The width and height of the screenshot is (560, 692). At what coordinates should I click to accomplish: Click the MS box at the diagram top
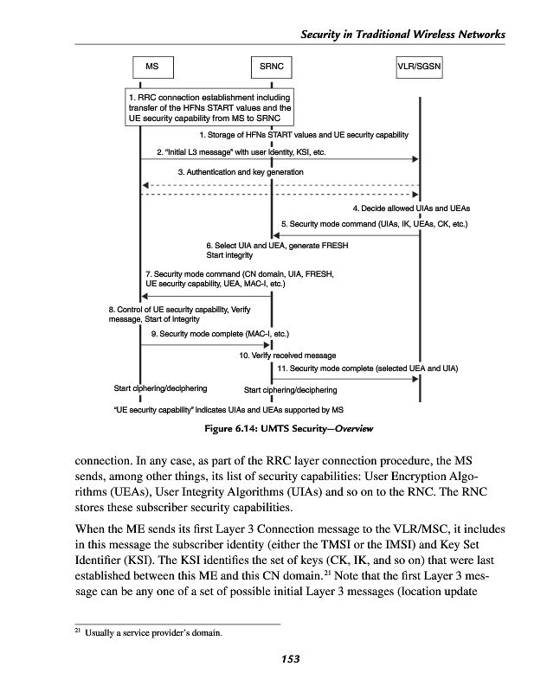coord(152,66)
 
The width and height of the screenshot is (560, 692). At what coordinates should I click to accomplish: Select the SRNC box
coord(273,66)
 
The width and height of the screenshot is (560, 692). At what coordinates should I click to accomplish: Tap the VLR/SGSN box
coord(419,66)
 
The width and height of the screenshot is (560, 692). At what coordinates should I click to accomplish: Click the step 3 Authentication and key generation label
coord(240,172)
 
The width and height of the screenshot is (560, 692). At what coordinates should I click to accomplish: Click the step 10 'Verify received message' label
coord(287,355)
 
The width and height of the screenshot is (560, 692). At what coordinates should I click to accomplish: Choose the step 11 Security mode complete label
coord(367,368)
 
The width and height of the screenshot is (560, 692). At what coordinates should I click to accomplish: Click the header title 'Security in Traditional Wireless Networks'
coord(402,34)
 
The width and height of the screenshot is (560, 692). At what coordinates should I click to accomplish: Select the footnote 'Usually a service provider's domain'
coord(152,632)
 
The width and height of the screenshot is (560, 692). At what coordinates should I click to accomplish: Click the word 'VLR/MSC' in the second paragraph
coord(441,528)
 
